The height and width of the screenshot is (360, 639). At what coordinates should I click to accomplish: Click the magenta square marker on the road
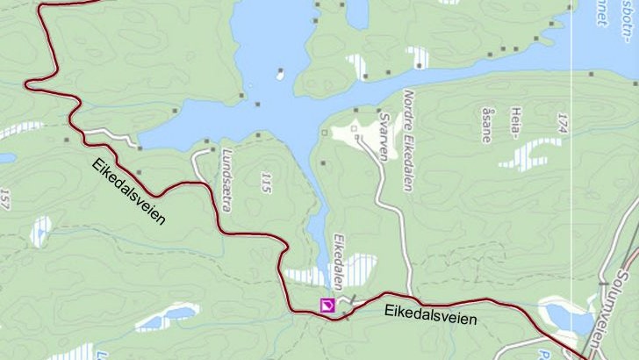click(327, 305)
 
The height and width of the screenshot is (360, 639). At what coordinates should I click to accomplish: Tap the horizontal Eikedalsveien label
click(430, 313)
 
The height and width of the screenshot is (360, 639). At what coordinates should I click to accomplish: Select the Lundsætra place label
click(227, 180)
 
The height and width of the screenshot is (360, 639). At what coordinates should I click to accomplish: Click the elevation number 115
click(266, 183)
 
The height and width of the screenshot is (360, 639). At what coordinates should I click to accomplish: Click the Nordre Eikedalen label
click(407, 131)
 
